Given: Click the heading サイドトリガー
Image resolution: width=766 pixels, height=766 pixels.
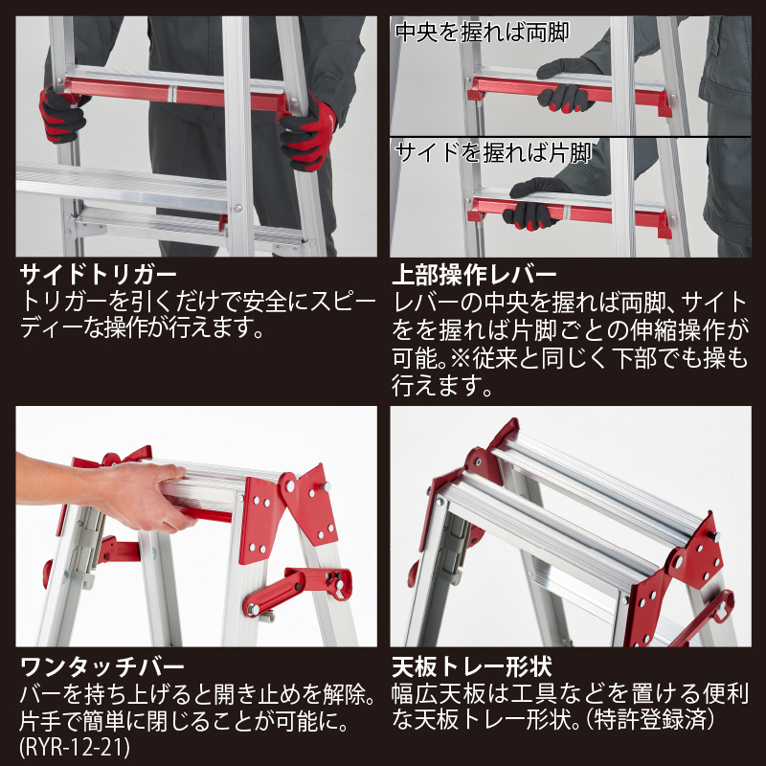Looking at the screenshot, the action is tap(98, 275).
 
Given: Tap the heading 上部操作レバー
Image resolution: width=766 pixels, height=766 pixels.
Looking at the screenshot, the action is tap(474, 275).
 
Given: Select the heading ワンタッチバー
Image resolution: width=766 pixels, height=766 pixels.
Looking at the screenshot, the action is tap(102, 666).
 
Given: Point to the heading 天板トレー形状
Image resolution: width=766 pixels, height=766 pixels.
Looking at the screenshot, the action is tap(472, 666).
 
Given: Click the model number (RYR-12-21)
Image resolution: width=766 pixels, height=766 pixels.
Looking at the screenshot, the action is tap(75, 747).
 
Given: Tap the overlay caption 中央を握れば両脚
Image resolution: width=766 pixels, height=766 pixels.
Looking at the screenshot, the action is tap(483, 33).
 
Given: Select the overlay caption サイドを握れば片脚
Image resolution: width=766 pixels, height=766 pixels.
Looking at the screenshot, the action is tap(493, 153).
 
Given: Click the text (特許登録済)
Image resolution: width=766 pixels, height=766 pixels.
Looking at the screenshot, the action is tap(653, 720).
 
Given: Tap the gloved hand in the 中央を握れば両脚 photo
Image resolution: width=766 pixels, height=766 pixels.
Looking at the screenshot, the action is tap(567, 84).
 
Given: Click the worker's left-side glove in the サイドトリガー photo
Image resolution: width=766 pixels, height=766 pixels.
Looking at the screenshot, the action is tap(61, 115).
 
